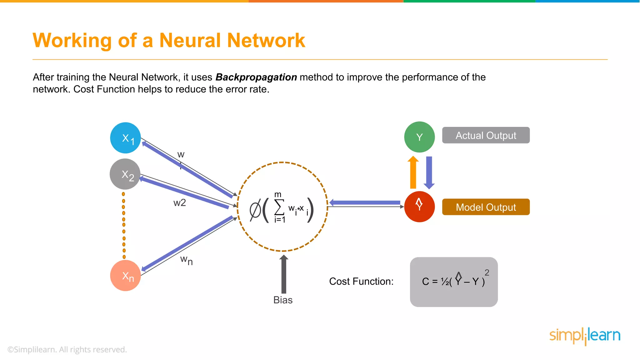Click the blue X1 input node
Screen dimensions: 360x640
(x=125, y=138)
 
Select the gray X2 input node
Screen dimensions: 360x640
(x=125, y=174)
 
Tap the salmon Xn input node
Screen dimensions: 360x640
(x=125, y=276)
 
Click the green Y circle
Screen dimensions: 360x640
(x=419, y=137)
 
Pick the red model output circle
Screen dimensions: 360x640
(x=419, y=207)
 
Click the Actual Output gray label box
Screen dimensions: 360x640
(x=486, y=135)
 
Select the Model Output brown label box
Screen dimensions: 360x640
(x=486, y=207)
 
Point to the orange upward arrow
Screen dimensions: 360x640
(x=413, y=172)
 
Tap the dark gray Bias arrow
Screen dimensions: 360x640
(x=283, y=274)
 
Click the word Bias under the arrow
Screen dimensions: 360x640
(x=283, y=300)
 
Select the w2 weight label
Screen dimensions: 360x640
(x=180, y=203)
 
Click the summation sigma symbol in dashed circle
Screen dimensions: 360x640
(x=279, y=207)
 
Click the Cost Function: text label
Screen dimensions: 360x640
(x=361, y=281)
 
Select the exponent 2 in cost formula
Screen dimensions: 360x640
(x=487, y=272)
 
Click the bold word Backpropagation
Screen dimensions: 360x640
(x=256, y=77)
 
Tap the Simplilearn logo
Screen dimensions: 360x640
(x=585, y=336)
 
